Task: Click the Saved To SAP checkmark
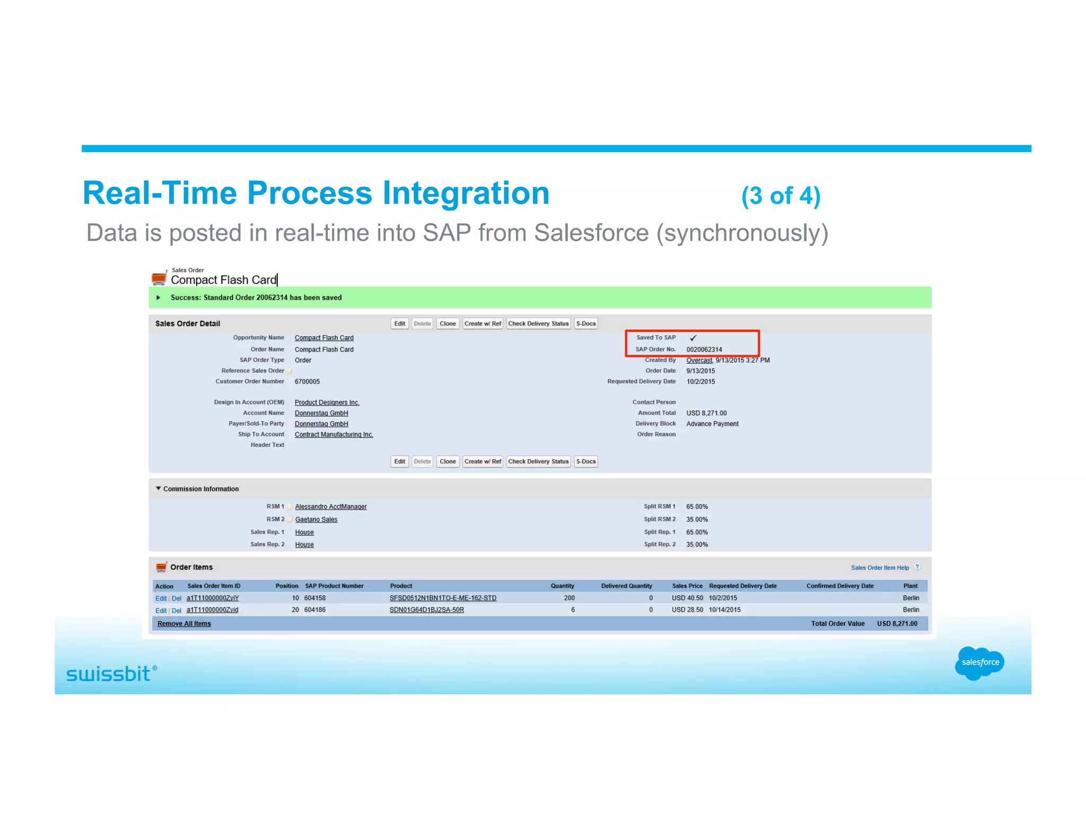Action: (693, 338)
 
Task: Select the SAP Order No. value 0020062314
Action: (704, 349)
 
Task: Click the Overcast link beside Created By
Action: (699, 360)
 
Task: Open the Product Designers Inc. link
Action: (327, 403)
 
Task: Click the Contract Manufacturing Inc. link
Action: (334, 434)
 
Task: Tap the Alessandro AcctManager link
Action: (331, 506)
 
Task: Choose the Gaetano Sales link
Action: (316, 519)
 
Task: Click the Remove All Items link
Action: (184, 624)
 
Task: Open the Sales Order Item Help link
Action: (880, 567)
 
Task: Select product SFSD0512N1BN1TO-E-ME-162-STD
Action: (443, 598)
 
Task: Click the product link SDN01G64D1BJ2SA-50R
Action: (426, 610)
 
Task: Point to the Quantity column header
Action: (562, 586)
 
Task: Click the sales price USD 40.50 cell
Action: (687, 598)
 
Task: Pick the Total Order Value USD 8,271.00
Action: (897, 624)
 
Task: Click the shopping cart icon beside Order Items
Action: (161, 567)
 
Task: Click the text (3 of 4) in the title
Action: (781, 196)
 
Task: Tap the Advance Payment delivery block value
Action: (712, 424)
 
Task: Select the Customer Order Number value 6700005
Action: (307, 381)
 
